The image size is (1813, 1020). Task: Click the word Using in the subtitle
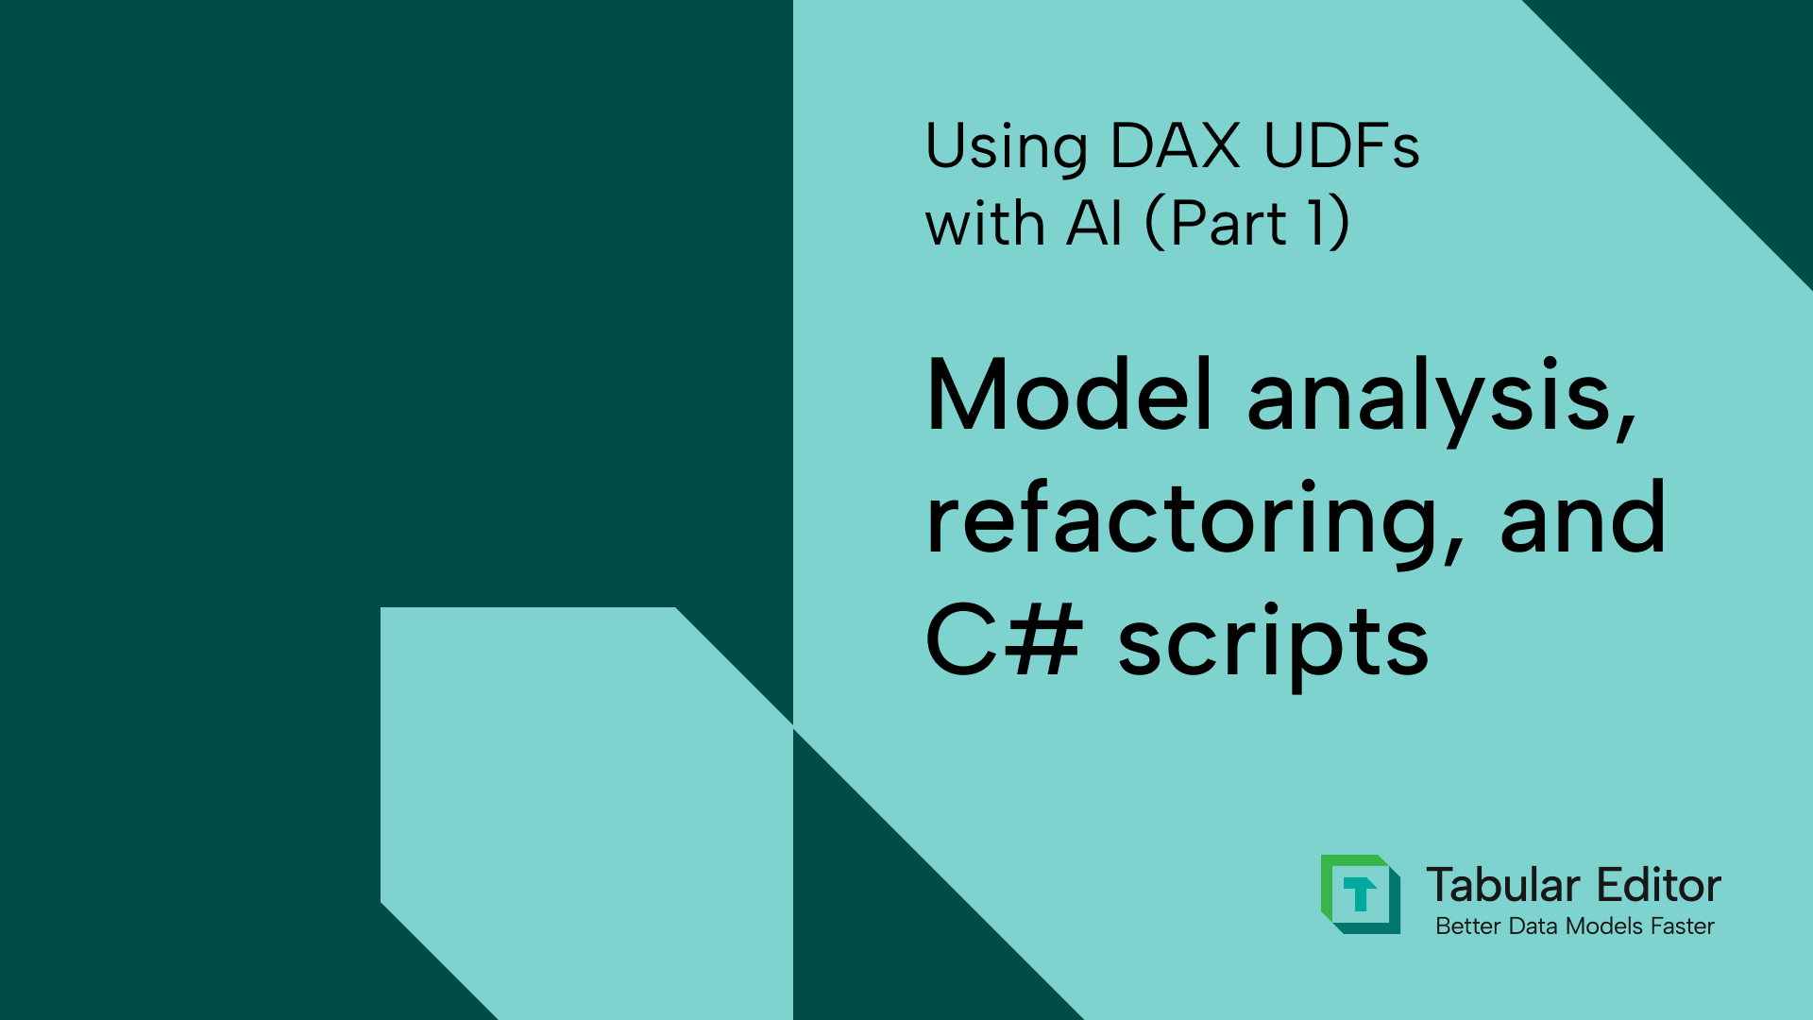click(1007, 147)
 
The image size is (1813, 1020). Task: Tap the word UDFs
click(1341, 147)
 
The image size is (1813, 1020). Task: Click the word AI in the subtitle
click(1094, 225)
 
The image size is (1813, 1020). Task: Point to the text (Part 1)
click(1247, 225)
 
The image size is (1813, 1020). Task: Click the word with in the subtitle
click(985, 225)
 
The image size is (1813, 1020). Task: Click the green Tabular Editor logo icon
click(1360, 893)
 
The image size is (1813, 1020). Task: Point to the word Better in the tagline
click(1468, 926)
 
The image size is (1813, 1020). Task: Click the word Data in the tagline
click(1533, 926)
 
